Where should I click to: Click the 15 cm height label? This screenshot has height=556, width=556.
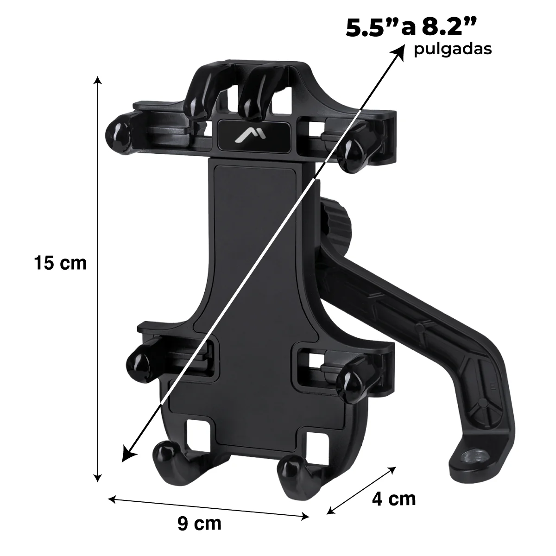coord(60,263)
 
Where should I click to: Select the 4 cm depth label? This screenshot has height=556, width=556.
coord(394,499)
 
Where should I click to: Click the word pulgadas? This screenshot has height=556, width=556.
coord(453,50)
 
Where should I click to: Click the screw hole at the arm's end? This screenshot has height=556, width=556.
coord(473,457)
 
